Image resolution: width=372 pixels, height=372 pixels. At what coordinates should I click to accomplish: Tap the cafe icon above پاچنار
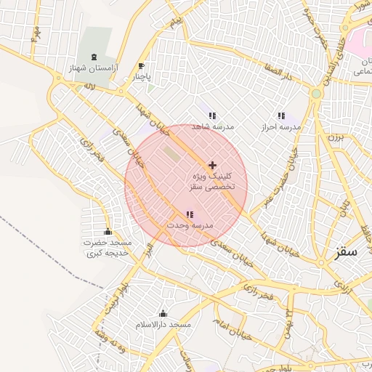(x=141, y=65)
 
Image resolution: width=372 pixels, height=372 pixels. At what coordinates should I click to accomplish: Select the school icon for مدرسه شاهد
(x=212, y=116)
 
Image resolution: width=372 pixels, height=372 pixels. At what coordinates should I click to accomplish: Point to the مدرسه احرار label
(x=280, y=126)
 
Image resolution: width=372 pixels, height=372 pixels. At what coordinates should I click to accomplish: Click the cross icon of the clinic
(x=212, y=166)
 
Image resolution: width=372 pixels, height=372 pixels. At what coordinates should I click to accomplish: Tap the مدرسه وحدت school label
(x=190, y=226)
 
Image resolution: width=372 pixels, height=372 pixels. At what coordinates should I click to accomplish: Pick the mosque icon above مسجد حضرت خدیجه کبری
(x=108, y=232)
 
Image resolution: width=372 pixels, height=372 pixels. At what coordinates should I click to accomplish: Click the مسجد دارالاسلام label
(x=163, y=325)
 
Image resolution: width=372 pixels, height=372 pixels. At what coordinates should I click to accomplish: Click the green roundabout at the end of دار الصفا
(x=316, y=94)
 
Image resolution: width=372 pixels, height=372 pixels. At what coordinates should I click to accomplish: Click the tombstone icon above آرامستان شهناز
(x=96, y=57)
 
